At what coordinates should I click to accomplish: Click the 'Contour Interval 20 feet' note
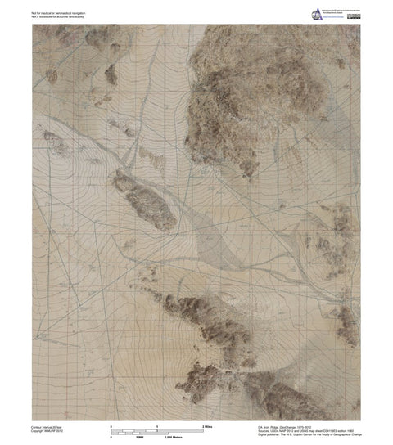point(50,427)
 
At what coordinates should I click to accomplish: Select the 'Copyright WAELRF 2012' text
point(49,431)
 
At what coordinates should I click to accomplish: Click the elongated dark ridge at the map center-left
point(145,200)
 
